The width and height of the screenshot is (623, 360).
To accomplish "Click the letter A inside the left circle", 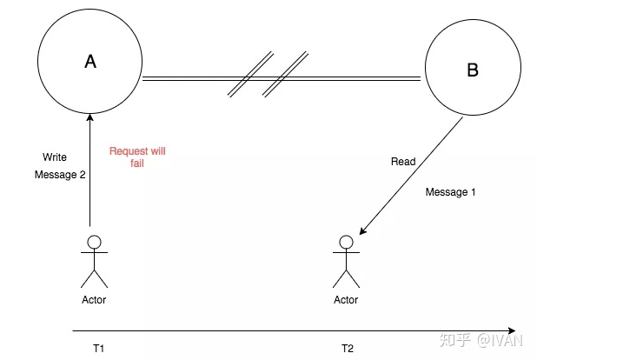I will [89, 61].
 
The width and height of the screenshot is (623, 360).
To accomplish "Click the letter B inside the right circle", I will [473, 70].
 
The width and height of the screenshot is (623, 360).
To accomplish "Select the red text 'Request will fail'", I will [136, 157].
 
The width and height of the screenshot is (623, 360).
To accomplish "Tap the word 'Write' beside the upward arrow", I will [55, 157].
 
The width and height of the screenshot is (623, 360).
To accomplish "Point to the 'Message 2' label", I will [60, 175].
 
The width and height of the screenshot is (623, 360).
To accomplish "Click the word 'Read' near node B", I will [403, 162].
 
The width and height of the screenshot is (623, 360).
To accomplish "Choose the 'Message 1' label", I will [450, 192].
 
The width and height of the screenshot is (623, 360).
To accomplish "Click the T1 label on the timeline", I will [98, 348].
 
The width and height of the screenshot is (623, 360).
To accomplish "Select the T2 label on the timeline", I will [347, 348].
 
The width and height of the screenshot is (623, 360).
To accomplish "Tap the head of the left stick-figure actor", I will [94, 242].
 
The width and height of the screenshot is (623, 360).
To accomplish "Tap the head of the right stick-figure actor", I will [346, 242].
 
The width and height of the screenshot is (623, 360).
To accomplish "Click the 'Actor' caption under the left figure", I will [93, 300].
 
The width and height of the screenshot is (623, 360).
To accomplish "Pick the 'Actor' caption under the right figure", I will [346, 300].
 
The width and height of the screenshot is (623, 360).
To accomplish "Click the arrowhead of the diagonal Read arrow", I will [363, 230].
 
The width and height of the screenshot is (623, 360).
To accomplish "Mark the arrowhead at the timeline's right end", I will [513, 331].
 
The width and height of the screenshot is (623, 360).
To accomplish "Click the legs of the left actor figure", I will [94, 277].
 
